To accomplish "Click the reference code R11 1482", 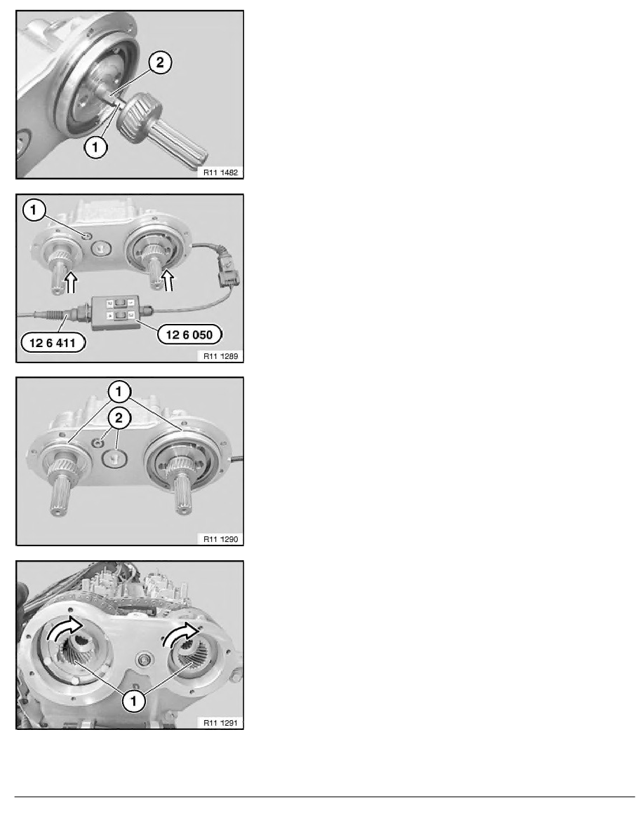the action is pyautogui.click(x=220, y=172).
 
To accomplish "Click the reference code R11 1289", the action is pyautogui.click(x=220, y=356).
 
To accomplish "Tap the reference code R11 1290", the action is pyautogui.click(x=220, y=539).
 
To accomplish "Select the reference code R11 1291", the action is pyautogui.click(x=220, y=722).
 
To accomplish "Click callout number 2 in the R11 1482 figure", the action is pyautogui.click(x=160, y=62).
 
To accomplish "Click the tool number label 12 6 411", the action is pyautogui.click(x=53, y=343).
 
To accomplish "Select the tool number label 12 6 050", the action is pyautogui.click(x=189, y=334).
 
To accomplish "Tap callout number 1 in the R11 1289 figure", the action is pyautogui.click(x=34, y=210).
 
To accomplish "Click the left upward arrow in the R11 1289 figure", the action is pyautogui.click(x=71, y=283).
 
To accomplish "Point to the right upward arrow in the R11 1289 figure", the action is pyautogui.click(x=168, y=280).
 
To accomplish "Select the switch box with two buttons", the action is pyautogui.click(x=115, y=312).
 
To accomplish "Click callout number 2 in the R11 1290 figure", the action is pyautogui.click(x=119, y=418).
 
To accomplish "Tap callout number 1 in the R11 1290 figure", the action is pyautogui.click(x=119, y=392).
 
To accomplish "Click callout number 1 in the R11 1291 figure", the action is pyautogui.click(x=133, y=700).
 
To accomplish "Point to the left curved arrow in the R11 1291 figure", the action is pyautogui.click(x=62, y=628).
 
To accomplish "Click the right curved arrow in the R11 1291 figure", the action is pyautogui.click(x=180, y=633).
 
